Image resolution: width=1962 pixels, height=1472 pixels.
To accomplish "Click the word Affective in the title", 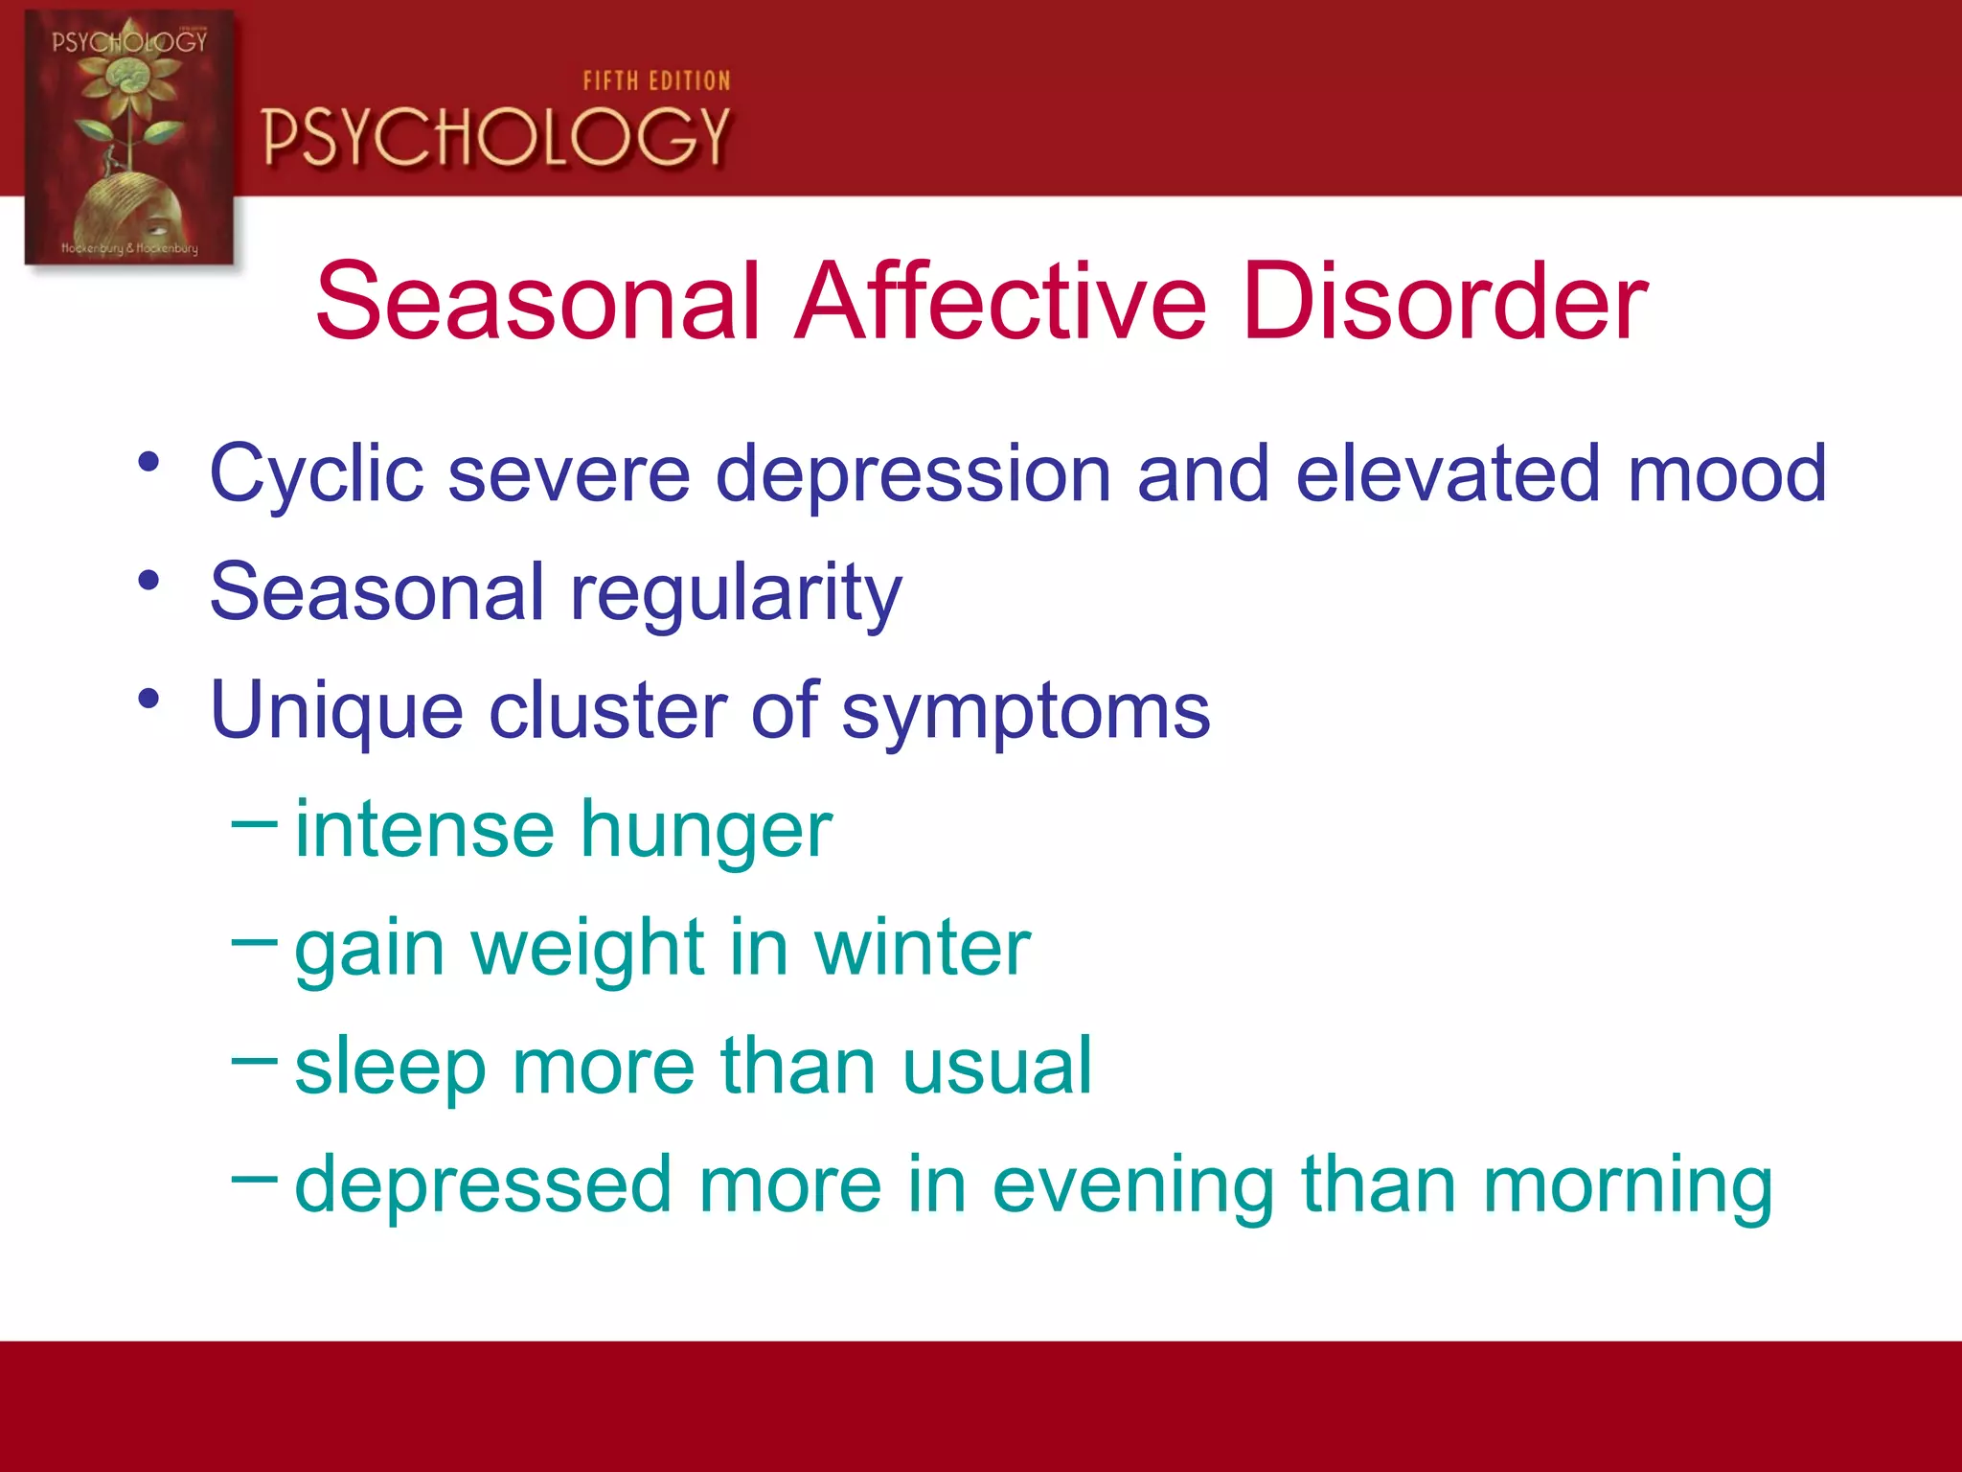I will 1001,302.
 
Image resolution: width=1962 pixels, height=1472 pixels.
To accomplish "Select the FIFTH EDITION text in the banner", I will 656,81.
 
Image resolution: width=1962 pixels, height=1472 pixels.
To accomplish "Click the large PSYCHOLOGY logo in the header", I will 496,137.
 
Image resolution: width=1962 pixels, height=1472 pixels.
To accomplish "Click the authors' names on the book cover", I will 129,248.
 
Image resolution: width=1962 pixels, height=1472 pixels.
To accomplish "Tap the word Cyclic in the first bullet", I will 316,474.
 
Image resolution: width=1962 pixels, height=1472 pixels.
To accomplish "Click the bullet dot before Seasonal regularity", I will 148,581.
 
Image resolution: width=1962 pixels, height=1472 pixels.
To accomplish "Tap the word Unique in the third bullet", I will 336,711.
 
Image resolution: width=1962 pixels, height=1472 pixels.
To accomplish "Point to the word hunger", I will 706,830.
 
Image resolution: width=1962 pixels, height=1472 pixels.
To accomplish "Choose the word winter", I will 922,948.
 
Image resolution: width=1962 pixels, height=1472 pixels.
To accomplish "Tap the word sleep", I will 390,1067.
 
